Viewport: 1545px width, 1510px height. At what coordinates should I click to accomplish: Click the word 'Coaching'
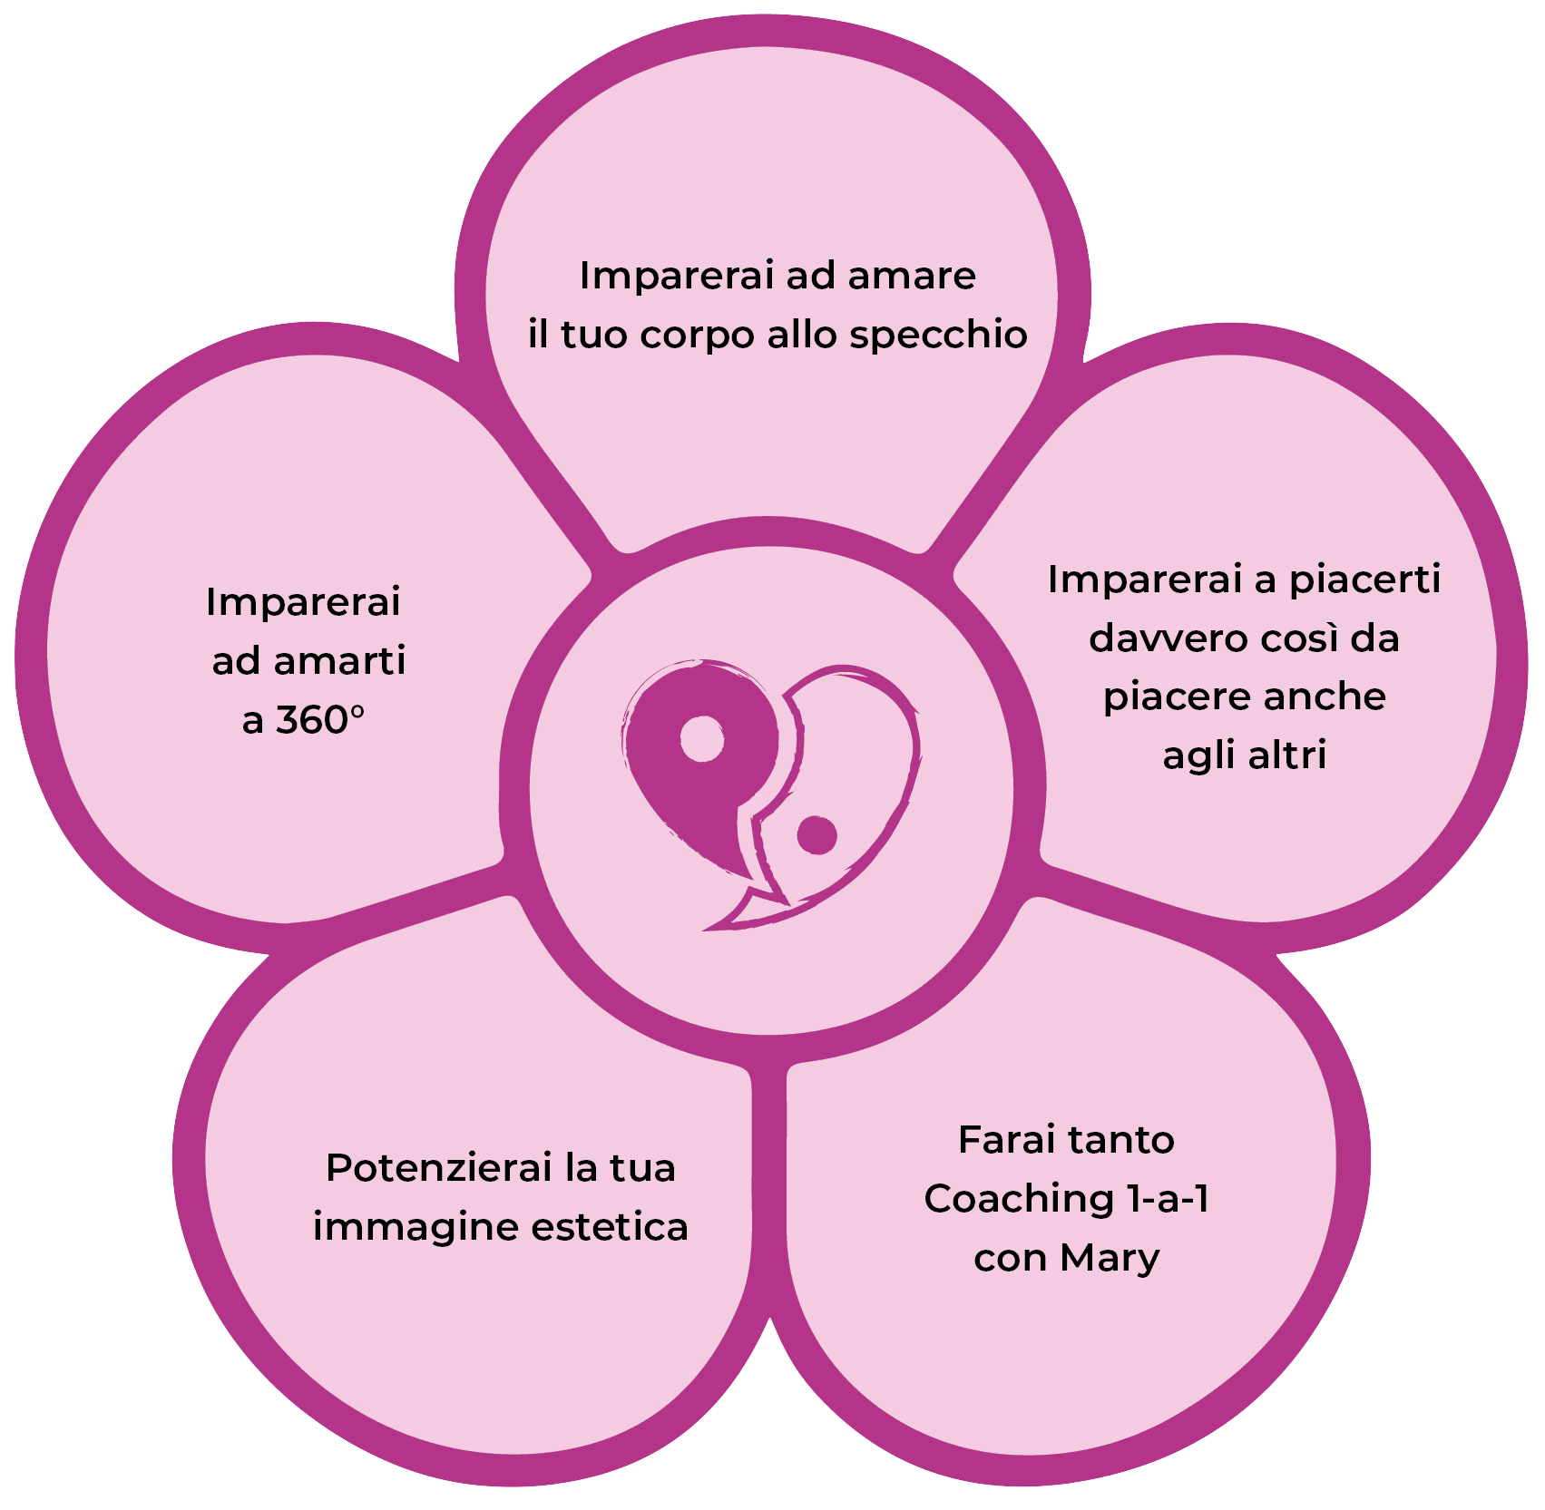1017,1200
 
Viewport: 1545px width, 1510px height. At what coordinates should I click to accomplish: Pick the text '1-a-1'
1167,1199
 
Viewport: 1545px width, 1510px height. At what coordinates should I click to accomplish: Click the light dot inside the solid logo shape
702,740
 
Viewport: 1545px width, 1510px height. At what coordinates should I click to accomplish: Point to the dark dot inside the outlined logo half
817,835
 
